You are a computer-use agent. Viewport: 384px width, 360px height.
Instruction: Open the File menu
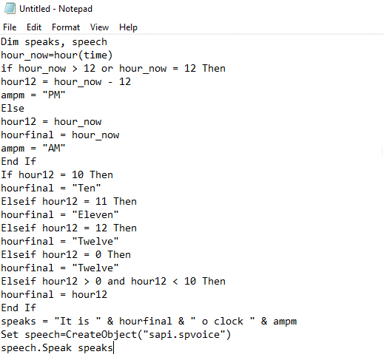pos(10,27)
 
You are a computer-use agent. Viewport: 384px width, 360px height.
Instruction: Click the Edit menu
pos(34,27)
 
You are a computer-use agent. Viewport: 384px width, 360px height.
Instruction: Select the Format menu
pos(66,27)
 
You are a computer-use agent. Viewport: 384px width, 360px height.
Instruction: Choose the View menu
pos(99,27)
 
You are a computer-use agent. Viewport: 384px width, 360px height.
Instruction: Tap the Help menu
pos(128,27)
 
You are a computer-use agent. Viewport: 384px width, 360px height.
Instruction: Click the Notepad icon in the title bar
pos(10,8)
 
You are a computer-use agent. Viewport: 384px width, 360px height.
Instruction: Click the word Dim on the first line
pos(10,41)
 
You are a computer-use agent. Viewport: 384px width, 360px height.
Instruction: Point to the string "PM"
pos(54,95)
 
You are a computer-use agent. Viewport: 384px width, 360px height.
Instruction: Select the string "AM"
pos(54,148)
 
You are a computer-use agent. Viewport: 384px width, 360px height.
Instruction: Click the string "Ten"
pos(87,188)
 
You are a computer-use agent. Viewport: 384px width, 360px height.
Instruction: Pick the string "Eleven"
pos(95,214)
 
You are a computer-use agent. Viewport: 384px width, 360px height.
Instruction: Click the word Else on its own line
pos(13,108)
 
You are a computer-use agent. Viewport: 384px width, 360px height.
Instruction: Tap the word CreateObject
pos(101,334)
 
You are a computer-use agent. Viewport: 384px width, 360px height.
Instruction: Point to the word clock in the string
pos(229,321)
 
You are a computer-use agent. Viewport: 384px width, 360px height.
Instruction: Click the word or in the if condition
pos(107,68)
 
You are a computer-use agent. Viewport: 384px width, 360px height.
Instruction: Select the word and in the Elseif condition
pos(116,281)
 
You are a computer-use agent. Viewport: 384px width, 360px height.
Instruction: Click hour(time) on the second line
pos(84,55)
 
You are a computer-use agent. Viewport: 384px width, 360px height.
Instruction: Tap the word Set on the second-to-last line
pos(10,334)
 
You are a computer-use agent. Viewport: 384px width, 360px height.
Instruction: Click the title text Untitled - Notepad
pos(55,9)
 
